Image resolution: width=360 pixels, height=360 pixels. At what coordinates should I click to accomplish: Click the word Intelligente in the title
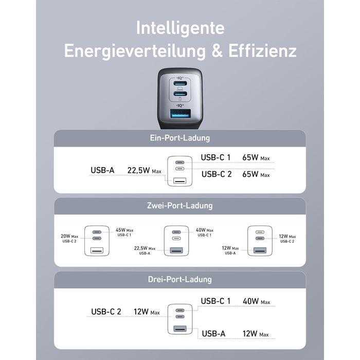179,29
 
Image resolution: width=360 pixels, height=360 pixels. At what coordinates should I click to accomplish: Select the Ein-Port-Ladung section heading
179,138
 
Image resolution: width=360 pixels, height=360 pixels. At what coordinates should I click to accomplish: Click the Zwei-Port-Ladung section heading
179,206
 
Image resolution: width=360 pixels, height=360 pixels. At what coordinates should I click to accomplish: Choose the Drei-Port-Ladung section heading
179,280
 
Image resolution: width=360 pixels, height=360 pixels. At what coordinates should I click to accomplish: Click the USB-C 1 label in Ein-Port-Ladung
216,157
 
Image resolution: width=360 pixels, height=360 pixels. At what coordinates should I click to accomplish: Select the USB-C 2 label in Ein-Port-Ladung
216,174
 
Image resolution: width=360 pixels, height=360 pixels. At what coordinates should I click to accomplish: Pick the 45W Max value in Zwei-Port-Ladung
124,230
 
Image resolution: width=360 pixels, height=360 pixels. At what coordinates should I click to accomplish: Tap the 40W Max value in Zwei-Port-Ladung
204,230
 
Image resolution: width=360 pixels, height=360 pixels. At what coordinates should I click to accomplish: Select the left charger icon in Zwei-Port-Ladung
97,240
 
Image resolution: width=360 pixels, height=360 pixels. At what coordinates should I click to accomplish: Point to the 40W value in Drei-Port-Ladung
252,301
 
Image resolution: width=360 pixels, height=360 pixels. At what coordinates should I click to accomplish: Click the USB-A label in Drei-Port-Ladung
213,334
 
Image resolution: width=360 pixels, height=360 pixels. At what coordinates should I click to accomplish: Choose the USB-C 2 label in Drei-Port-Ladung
106,311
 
